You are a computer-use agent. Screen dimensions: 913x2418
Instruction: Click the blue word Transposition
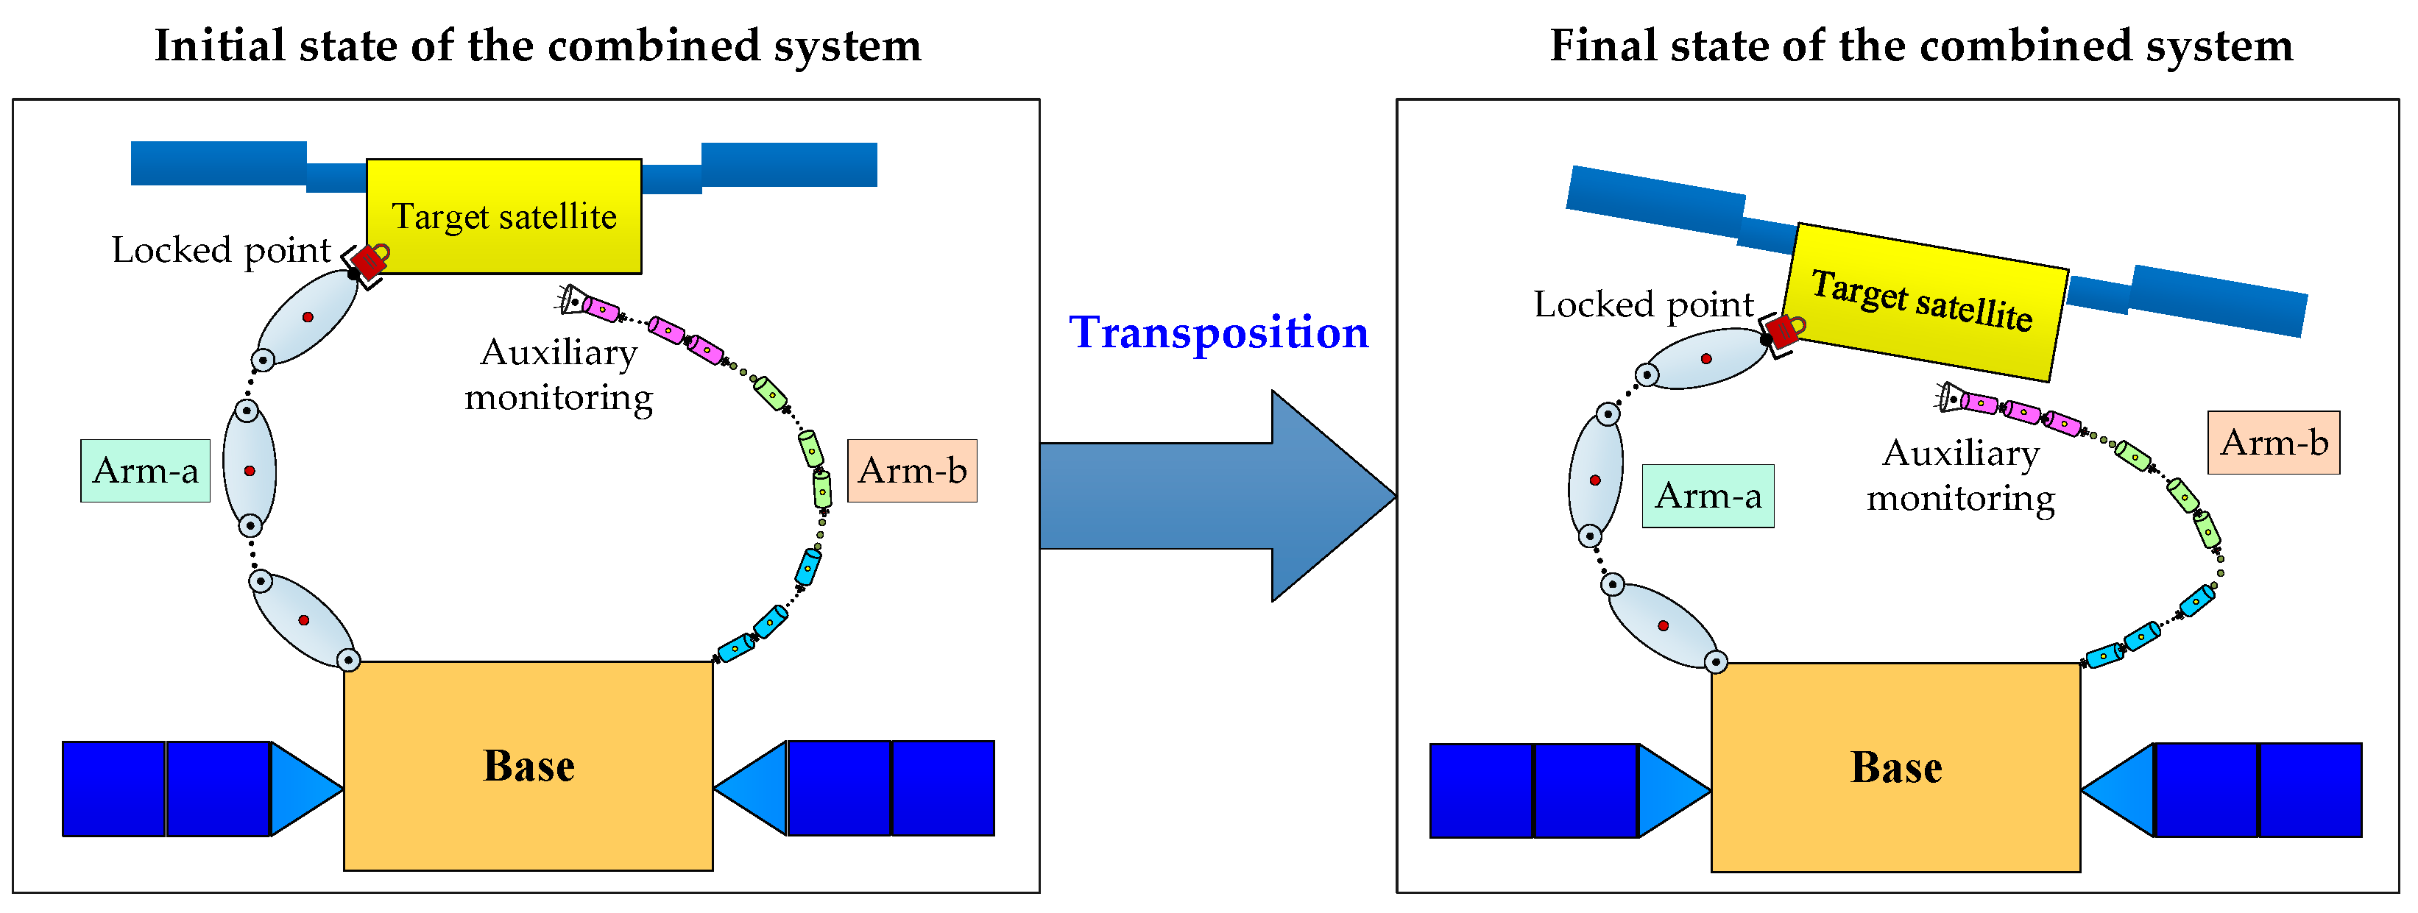point(1218,333)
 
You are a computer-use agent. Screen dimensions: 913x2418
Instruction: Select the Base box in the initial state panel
point(528,766)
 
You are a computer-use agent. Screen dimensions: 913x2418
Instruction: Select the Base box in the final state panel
point(1895,767)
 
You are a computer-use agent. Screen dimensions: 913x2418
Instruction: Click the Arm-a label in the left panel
point(146,471)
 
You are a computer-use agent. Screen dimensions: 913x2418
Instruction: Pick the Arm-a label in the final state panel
point(1708,495)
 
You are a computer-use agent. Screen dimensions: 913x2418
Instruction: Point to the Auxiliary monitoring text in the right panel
point(1960,476)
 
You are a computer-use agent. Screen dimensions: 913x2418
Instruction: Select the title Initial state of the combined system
point(538,45)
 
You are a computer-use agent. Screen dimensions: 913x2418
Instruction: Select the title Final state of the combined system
point(1920,45)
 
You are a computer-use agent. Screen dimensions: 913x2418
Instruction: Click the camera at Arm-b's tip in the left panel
point(572,300)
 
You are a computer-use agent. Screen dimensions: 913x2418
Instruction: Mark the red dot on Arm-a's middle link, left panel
point(250,471)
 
